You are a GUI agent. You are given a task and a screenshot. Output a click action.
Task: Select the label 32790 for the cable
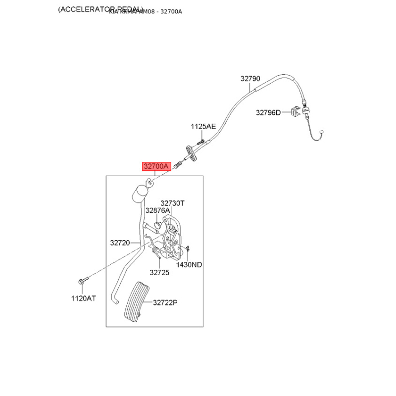pyautogui.click(x=250, y=79)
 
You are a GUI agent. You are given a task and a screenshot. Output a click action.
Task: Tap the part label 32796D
pyautogui.click(x=268, y=112)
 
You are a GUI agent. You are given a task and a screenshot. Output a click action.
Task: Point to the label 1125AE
pyautogui.click(x=203, y=127)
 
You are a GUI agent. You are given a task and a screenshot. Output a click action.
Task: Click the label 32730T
pyautogui.click(x=172, y=203)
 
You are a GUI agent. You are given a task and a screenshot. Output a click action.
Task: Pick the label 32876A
pyautogui.click(x=157, y=210)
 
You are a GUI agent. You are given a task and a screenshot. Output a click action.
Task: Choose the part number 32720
pyautogui.click(x=120, y=243)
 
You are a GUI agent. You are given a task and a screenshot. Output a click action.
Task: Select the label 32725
pyautogui.click(x=159, y=272)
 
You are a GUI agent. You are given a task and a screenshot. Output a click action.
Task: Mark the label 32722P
pyautogui.click(x=165, y=302)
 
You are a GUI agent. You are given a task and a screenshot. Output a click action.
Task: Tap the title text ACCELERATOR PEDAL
pyautogui.click(x=100, y=9)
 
